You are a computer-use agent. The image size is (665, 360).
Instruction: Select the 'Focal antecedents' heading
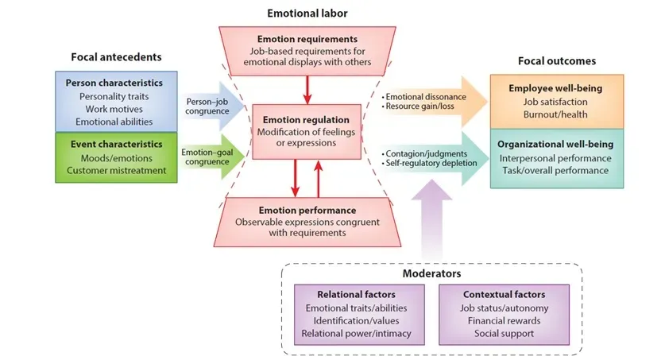pos(116,57)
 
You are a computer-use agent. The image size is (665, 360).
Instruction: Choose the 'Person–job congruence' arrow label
pos(207,106)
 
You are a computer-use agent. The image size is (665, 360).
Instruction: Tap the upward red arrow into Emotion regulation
pos(318,179)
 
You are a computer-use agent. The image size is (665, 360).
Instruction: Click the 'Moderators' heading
pos(431,273)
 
